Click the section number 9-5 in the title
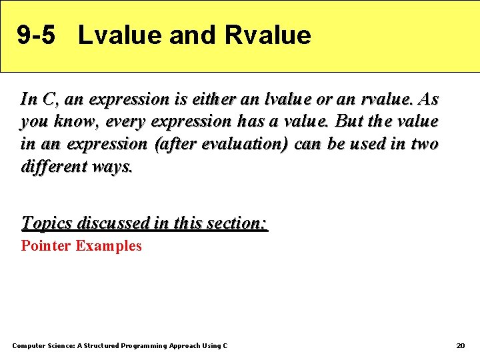[35, 35]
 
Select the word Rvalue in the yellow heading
[268, 35]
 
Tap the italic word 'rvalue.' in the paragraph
[386, 100]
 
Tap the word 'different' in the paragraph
[51, 167]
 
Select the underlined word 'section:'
[237, 223]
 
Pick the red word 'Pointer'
[46, 246]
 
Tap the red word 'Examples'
[109, 246]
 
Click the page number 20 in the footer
[460, 345]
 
